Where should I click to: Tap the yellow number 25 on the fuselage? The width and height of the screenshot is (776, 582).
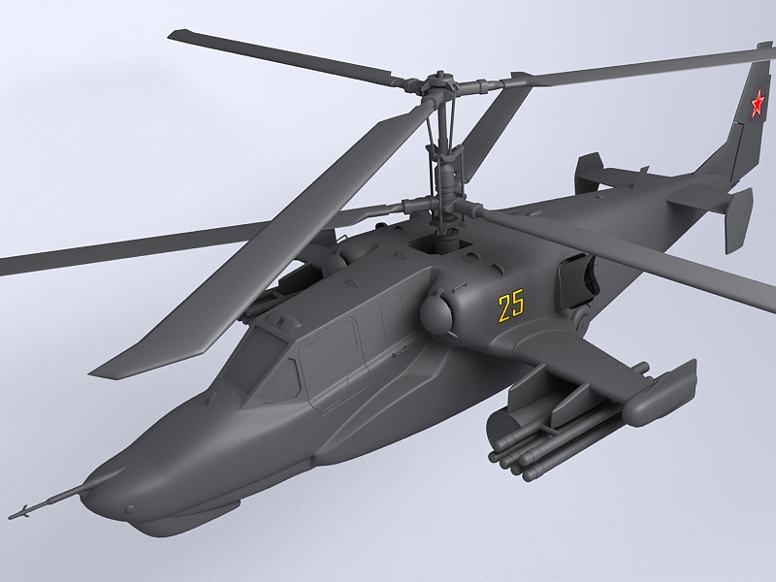(511, 307)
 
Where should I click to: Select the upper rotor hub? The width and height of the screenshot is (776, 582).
(440, 84)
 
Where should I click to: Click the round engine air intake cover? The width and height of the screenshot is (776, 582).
(436, 312)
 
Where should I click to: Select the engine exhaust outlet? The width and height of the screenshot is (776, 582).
(578, 278)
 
